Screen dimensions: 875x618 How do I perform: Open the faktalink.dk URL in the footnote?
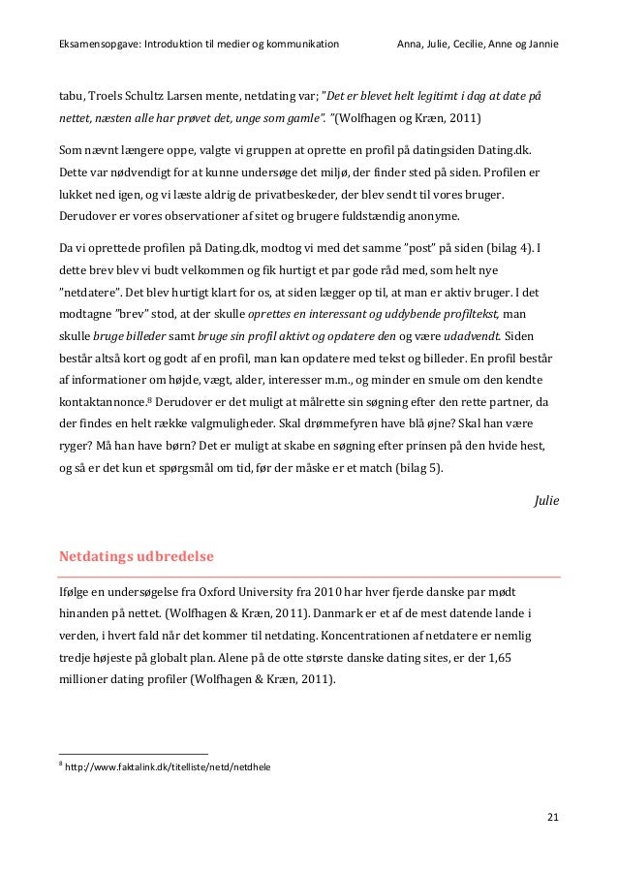167,766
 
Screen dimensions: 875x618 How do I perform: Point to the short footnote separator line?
133,752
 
